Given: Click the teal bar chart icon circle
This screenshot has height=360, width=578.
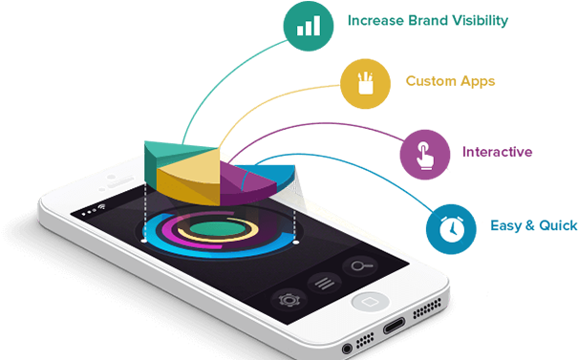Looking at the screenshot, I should point(309,26).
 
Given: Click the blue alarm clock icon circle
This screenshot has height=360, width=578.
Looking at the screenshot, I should point(450,228).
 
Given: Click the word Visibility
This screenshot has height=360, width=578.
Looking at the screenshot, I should point(481,20).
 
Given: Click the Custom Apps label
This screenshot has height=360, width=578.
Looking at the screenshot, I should point(450,81).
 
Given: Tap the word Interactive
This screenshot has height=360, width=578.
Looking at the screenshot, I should point(497,152).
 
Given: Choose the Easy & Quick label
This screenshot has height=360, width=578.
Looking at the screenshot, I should point(533,225).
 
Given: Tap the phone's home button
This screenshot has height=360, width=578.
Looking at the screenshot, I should point(367,301).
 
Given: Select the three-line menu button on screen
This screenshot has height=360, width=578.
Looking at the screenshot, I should point(326,281).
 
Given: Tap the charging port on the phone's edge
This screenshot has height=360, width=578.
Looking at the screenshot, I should point(395,328).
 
